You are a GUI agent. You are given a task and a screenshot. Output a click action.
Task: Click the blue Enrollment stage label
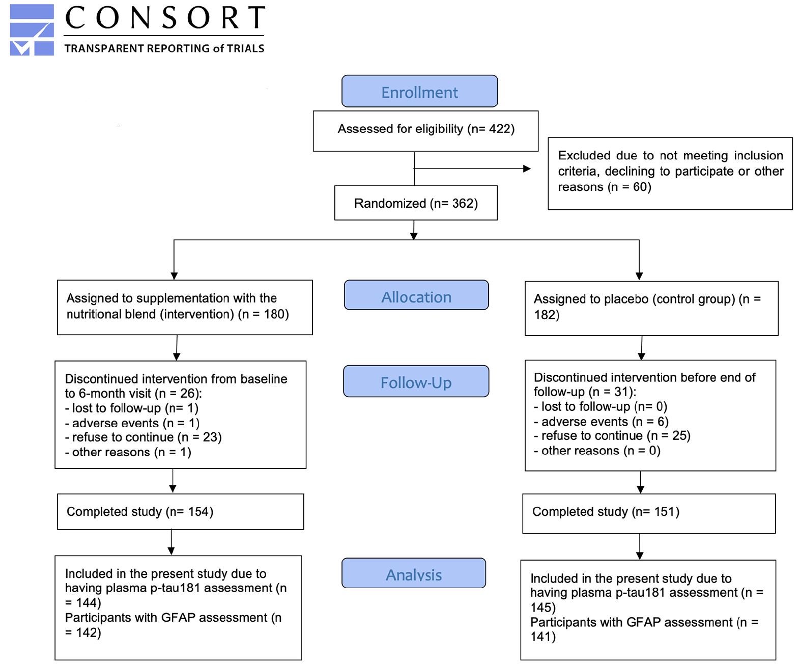(419, 91)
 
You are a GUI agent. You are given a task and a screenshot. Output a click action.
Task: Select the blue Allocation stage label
(416, 295)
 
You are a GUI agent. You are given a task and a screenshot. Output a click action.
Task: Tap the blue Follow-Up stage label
(416, 381)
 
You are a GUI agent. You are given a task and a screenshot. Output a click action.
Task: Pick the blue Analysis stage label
(414, 573)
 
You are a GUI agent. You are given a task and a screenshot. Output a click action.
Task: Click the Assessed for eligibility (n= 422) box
(425, 131)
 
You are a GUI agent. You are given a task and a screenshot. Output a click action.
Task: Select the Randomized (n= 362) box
(416, 203)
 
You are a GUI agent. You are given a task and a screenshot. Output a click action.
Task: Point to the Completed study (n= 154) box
(181, 512)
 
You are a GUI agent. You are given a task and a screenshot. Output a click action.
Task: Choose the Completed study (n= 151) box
(649, 513)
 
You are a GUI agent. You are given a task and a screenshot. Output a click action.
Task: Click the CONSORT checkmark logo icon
(32, 30)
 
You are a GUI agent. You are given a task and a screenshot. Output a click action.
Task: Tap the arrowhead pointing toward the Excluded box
(527, 169)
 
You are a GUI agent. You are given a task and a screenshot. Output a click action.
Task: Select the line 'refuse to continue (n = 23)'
(144, 437)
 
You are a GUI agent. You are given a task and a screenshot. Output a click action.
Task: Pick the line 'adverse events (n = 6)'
(601, 422)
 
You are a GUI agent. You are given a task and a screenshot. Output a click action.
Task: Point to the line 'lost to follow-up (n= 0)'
(601, 406)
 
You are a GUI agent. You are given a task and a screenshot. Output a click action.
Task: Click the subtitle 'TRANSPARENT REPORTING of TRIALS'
(164, 48)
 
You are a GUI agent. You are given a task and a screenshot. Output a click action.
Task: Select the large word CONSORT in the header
(165, 18)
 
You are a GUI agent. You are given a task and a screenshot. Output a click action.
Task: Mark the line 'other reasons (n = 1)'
(128, 453)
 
